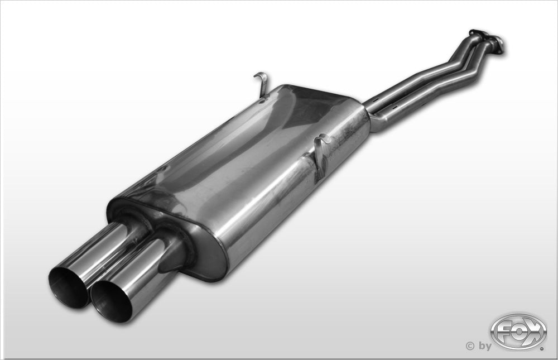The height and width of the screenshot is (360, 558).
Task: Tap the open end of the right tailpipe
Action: click(x=111, y=302)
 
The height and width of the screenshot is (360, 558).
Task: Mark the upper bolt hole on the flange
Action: click(x=475, y=32)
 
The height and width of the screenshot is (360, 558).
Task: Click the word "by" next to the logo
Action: click(x=484, y=346)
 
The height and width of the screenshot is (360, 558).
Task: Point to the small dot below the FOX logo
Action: click(x=541, y=349)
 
